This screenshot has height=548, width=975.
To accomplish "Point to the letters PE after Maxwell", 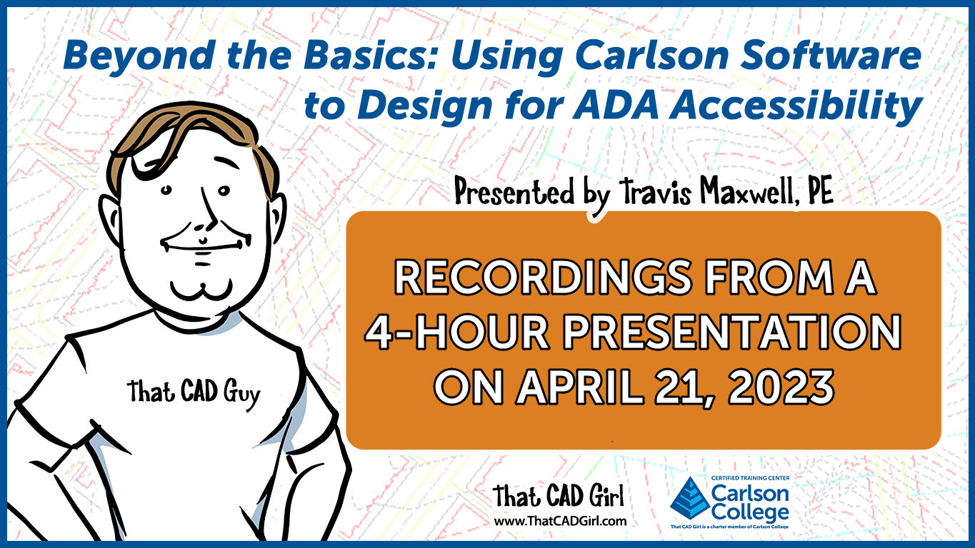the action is pos(820,191).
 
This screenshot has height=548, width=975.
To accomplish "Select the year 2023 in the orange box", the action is pos(781,387).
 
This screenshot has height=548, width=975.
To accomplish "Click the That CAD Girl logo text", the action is pos(558,497).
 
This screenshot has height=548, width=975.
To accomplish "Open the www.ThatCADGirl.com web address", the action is pos(561,521).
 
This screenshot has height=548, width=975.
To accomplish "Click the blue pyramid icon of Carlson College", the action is pos(690,499).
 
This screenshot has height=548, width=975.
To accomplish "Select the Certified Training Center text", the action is pos(751,478).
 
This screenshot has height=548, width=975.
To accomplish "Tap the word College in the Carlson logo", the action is pos(750,513).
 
